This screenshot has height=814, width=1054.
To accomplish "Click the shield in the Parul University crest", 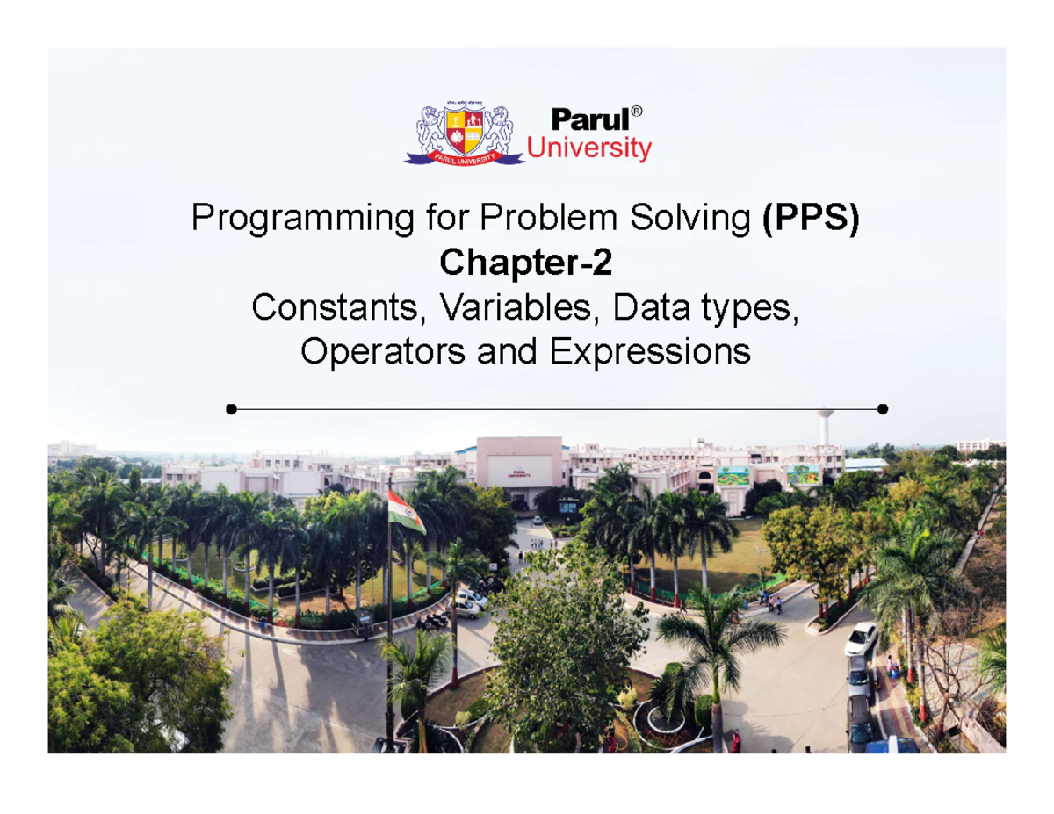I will click(464, 129).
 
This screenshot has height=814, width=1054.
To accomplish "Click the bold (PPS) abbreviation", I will click(811, 219).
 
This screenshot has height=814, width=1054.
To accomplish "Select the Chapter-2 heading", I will click(526, 261).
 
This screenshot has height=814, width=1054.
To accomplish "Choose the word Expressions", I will click(650, 352).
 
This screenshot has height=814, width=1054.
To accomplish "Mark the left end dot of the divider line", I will click(230, 409).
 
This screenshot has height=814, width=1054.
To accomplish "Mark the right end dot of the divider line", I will click(883, 409).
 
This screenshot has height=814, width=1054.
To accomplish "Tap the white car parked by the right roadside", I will click(861, 638).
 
